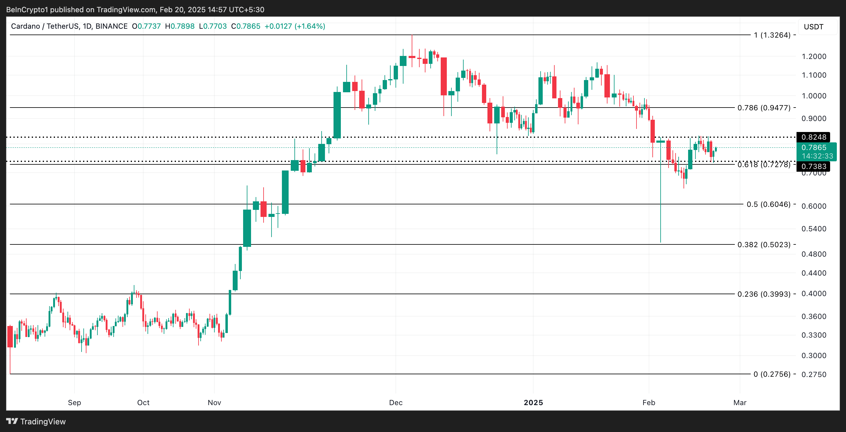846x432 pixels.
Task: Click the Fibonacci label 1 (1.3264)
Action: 772,35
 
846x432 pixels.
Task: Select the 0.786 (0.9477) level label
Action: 764,108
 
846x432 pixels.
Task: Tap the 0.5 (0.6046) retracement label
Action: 768,204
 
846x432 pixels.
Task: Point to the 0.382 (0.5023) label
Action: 764,245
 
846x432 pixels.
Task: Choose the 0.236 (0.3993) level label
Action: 764,294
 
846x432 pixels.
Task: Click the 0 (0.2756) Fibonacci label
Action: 772,374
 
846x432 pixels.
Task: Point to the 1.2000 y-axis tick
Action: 814,57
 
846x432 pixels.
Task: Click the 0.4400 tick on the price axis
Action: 814,273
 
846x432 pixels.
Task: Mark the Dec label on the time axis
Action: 396,402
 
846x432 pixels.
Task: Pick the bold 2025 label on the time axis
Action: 533,402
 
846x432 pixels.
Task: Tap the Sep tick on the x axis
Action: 75,402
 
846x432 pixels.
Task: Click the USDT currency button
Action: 814,27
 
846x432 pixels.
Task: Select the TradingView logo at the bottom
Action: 36,422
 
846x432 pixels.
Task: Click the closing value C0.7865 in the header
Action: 246,26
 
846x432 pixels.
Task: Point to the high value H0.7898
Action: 180,26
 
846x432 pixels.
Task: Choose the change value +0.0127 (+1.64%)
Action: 295,26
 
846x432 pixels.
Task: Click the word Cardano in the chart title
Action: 25,26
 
